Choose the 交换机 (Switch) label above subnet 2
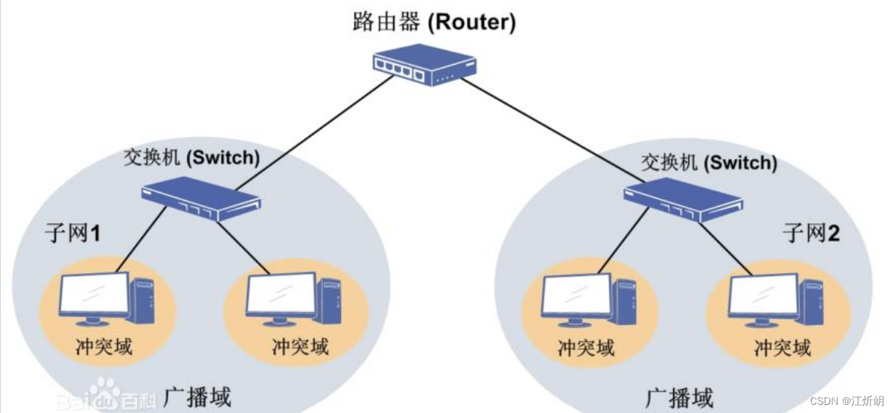[709, 161]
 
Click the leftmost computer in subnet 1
[106, 298]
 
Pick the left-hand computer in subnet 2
[588, 300]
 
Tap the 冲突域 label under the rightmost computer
[782, 348]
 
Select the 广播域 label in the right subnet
[679, 397]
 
